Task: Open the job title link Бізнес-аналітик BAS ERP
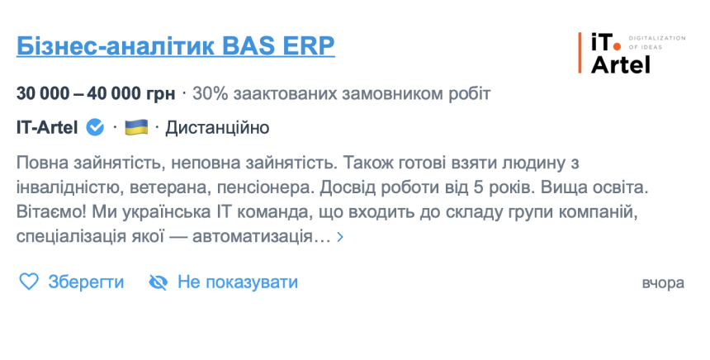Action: point(176,45)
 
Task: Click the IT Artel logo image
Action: point(632,53)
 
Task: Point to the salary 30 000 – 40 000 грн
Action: point(96,94)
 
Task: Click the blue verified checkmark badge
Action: point(95,127)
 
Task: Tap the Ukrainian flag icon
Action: point(136,127)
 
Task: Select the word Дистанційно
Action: point(217,128)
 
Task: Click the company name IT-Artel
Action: point(47,128)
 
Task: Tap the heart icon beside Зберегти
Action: point(29,282)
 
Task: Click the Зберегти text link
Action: point(86,282)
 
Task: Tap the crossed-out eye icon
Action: point(158,282)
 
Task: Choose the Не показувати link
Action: point(238,282)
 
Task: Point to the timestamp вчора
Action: point(663,283)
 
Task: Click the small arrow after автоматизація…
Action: point(340,237)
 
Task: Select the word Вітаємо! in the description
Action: point(51,212)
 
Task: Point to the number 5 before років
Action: point(479,187)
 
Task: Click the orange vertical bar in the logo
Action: point(580,53)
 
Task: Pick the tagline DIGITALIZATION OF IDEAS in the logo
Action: point(657,43)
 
